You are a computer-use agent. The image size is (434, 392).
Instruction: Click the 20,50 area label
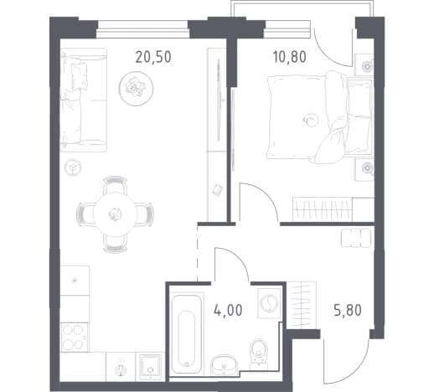[x=153, y=57]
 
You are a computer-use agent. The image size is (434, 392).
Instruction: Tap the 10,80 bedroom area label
[x=290, y=57]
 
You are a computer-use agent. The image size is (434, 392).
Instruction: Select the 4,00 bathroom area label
[x=228, y=311]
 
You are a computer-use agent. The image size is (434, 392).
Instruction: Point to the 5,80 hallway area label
[x=348, y=311]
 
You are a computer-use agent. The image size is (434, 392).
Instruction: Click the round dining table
[x=116, y=214]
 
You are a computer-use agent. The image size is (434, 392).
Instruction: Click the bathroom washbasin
[x=224, y=364]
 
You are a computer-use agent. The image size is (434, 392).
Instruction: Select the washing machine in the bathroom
[x=269, y=303]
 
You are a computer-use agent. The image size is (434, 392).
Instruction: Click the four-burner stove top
[x=75, y=337]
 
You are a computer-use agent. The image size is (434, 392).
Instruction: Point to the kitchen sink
[x=150, y=367]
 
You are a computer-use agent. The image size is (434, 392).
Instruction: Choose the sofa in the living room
[x=84, y=100]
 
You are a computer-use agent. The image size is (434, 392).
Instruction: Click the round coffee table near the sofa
[x=136, y=89]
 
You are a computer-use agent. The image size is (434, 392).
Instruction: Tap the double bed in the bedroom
[x=320, y=119]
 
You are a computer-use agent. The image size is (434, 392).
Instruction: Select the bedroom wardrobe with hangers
[x=333, y=209]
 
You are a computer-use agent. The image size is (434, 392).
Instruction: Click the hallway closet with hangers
[x=302, y=305]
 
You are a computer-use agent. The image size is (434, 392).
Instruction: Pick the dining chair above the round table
[x=115, y=185]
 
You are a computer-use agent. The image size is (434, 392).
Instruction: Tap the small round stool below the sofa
[x=73, y=168]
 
